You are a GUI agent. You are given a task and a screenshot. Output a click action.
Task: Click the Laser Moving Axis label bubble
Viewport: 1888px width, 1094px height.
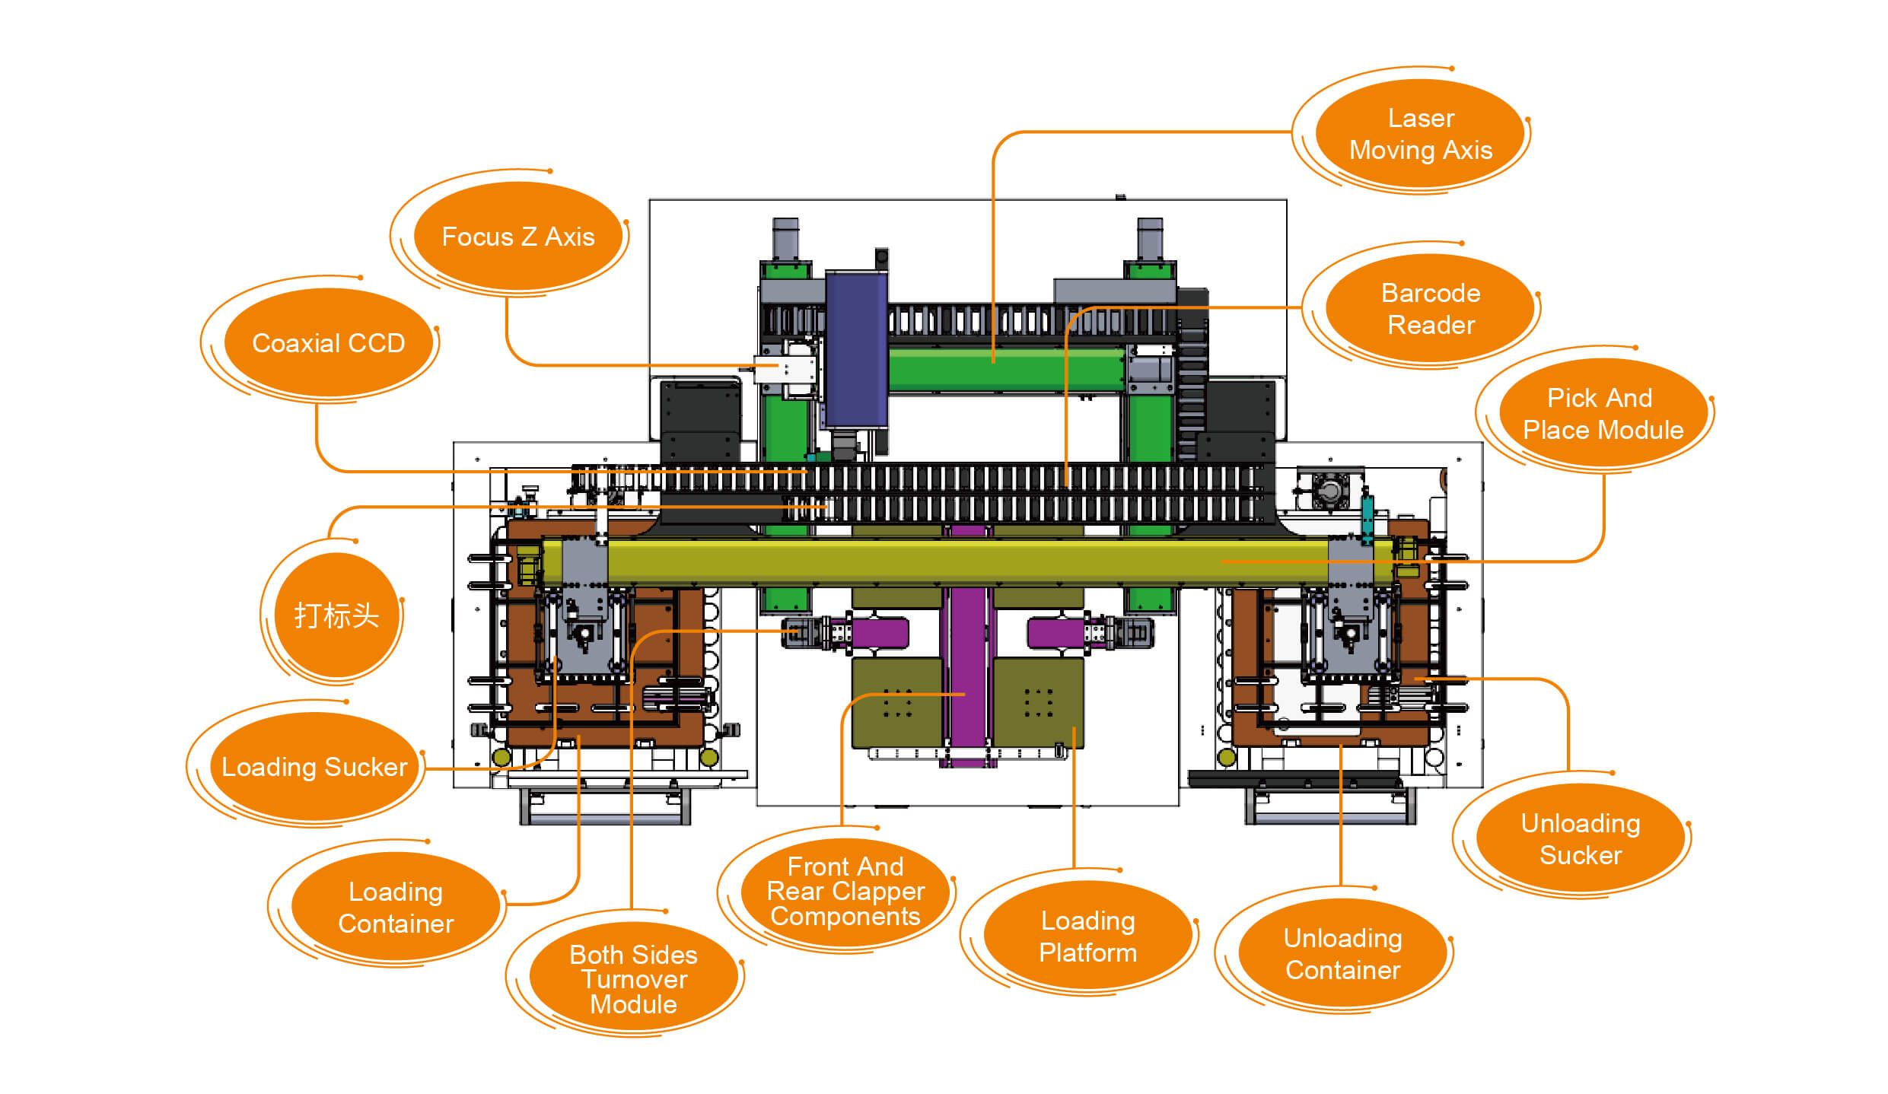tap(1420, 134)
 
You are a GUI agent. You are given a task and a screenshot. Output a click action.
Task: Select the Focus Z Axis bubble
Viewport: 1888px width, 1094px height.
tap(518, 237)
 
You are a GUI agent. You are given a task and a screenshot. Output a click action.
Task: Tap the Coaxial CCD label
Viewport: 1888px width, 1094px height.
tap(329, 343)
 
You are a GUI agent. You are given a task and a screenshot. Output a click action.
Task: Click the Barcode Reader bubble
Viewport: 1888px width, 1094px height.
tap(1430, 309)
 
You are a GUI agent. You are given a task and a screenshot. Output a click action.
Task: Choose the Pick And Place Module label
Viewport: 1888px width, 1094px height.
tap(1603, 413)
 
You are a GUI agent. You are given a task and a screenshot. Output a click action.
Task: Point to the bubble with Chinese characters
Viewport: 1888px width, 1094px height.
tap(336, 615)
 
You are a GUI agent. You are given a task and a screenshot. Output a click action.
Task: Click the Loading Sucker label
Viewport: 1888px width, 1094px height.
tap(315, 767)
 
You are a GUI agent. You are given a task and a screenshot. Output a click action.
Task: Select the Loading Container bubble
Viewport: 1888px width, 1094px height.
tap(396, 907)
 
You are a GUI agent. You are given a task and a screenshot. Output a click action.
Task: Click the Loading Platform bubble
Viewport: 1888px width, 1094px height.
tap(1088, 936)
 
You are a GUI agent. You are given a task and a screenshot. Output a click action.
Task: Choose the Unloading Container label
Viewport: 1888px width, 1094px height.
tap(1343, 953)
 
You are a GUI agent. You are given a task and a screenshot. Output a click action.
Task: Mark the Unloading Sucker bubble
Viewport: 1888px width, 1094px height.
tap(1581, 838)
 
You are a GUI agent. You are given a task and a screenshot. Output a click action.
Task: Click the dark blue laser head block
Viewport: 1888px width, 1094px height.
tap(857, 349)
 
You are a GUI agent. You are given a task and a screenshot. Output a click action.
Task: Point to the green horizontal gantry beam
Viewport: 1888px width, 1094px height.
tap(1006, 370)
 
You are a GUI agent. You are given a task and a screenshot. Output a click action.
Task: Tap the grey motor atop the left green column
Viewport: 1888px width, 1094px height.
tap(785, 239)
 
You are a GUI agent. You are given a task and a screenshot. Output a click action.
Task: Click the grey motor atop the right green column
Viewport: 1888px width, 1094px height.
tap(1150, 239)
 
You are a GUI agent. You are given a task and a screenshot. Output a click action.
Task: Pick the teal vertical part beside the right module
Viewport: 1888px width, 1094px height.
tap(1367, 517)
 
